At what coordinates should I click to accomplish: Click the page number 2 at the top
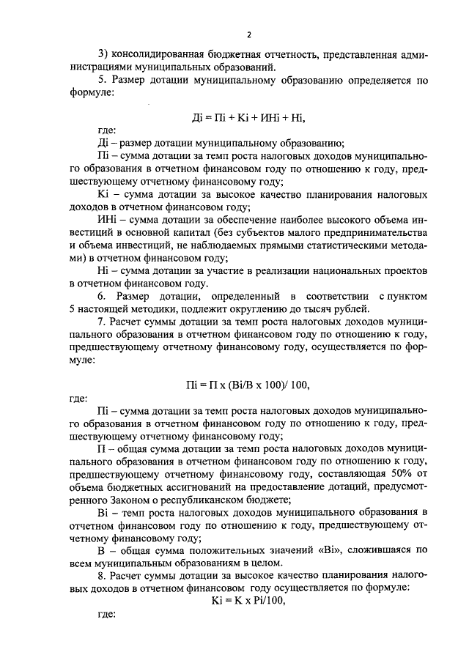pyautogui.click(x=249, y=34)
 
